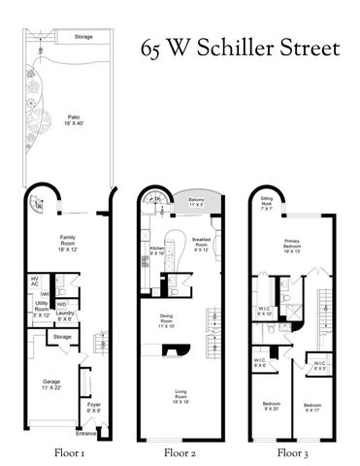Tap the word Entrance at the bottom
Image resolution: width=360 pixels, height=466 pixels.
click(87, 435)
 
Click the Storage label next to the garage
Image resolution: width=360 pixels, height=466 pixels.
click(62, 338)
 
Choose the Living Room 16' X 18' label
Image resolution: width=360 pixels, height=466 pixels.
click(179, 395)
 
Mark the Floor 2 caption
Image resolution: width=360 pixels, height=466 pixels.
click(180, 452)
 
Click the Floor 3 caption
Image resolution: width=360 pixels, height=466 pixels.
click(293, 452)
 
